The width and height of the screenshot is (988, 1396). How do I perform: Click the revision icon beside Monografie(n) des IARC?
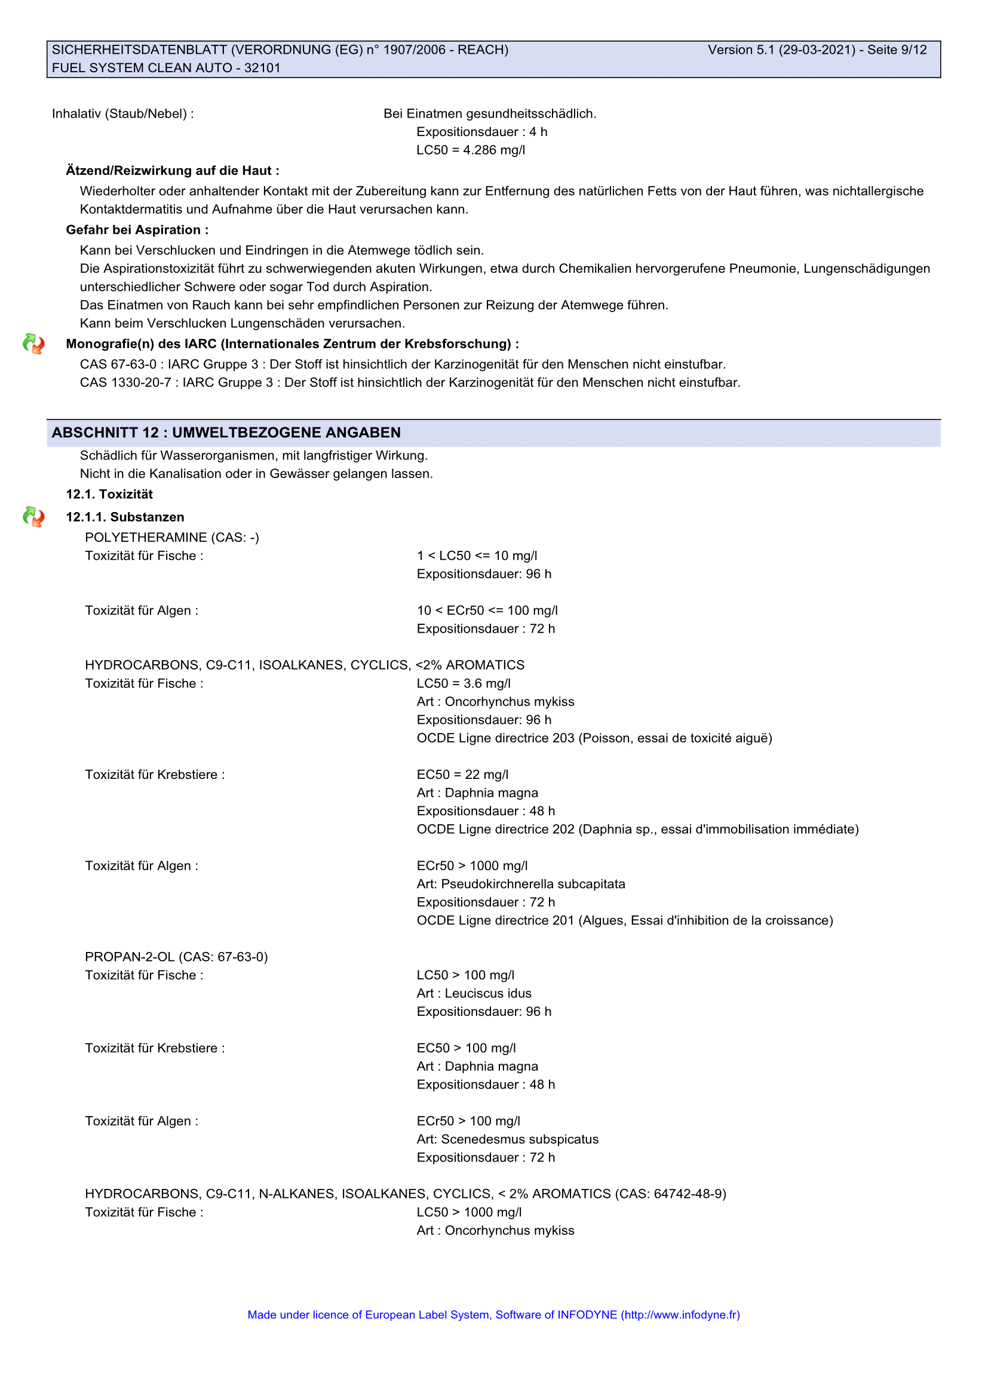pos(33,344)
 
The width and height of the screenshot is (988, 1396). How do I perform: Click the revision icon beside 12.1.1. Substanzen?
pos(33,517)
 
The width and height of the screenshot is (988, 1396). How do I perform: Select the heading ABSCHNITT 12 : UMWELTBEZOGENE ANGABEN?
pos(226,432)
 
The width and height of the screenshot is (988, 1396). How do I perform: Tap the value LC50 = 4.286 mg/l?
pos(470,150)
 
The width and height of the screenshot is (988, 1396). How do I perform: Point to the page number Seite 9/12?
pos(897,50)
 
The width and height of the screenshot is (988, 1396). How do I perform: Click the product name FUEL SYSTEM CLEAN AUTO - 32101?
pos(166,68)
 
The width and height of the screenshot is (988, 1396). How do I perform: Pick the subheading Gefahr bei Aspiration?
pos(137,230)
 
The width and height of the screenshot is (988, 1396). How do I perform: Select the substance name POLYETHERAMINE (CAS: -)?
pos(171,538)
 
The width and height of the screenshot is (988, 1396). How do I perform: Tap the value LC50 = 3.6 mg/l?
pos(464,683)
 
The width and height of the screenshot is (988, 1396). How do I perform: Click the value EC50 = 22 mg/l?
pos(462,775)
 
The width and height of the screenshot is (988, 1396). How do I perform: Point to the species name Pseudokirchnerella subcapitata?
pos(533,884)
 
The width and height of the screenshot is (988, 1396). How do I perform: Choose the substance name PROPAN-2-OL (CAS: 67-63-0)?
pos(176,957)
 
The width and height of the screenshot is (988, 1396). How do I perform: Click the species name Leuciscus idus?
pos(488,994)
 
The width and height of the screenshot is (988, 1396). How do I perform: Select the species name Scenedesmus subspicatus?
pos(520,1139)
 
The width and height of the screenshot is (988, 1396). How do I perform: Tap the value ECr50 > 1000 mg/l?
pos(472,866)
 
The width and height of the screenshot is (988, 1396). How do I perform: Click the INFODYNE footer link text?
pos(493,1314)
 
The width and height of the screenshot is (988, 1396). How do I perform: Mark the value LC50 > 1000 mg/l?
pos(469,1212)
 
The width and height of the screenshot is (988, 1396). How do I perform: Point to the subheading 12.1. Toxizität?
pos(109,494)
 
